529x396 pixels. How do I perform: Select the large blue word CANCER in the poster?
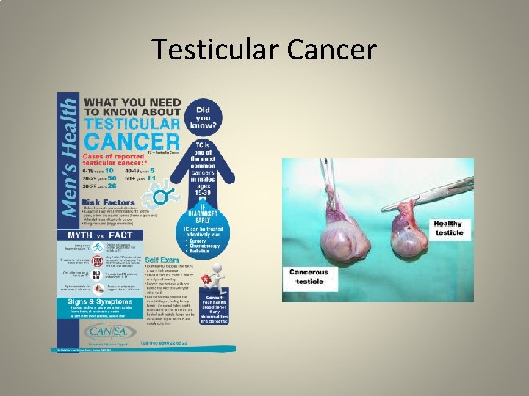pos(132,140)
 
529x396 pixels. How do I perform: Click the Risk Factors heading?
pos(108,202)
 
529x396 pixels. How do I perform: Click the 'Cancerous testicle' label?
pos(309,276)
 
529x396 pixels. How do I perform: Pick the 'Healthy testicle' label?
pos(447,228)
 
